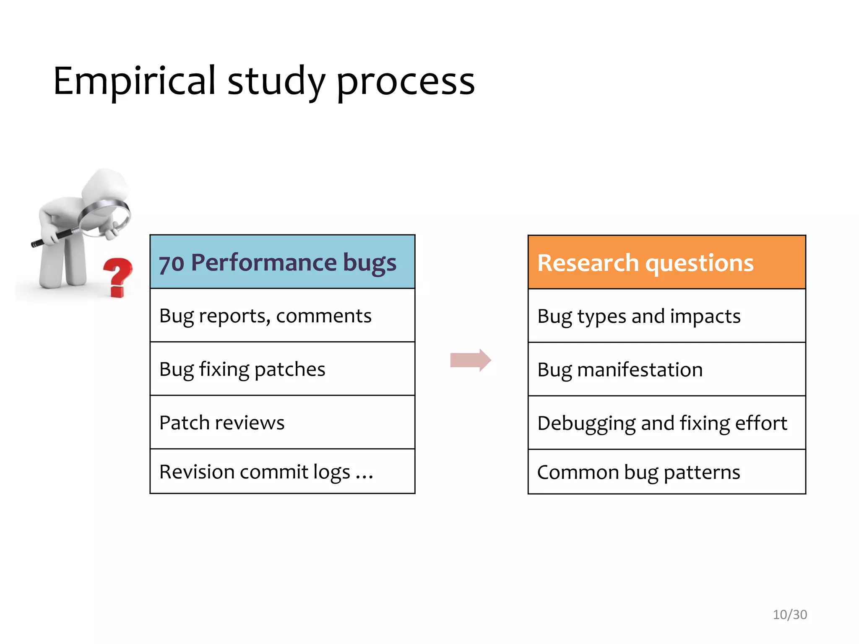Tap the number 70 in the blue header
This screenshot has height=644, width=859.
tap(172, 264)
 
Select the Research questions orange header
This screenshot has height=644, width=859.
tap(666, 262)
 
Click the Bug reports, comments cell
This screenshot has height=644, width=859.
tap(282, 316)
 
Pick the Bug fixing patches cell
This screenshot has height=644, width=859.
tap(282, 369)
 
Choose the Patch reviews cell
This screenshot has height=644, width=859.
tap(282, 422)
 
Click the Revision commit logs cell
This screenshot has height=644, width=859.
tap(282, 472)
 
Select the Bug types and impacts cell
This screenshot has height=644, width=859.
tap(666, 316)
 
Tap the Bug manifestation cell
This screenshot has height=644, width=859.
tap(666, 369)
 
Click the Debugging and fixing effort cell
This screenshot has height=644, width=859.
tap(666, 423)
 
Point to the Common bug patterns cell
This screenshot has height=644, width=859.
tap(666, 472)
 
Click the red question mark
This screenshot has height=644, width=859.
tap(118, 276)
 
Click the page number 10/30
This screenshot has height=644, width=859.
tap(789, 615)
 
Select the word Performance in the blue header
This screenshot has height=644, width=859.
tap(264, 262)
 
